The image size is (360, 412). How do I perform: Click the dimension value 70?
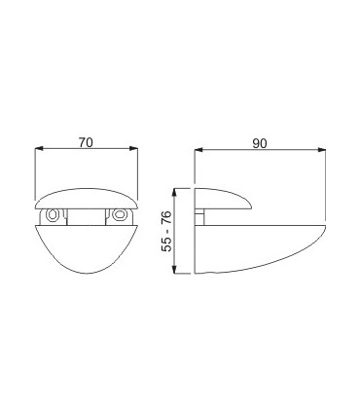point(86,142)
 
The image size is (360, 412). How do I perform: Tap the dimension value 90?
point(260,143)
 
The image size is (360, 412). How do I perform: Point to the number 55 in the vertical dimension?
point(167,244)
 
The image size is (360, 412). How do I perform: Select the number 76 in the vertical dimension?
point(167,218)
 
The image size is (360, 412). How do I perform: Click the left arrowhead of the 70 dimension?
point(39,148)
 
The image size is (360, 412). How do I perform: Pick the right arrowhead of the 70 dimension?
point(133,148)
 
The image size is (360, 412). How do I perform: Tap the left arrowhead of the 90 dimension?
point(198,150)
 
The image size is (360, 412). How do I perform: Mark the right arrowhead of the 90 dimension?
point(321,150)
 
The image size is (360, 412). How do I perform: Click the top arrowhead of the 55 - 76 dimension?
point(175,193)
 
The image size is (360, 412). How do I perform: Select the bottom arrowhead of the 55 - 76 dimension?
point(175,269)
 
